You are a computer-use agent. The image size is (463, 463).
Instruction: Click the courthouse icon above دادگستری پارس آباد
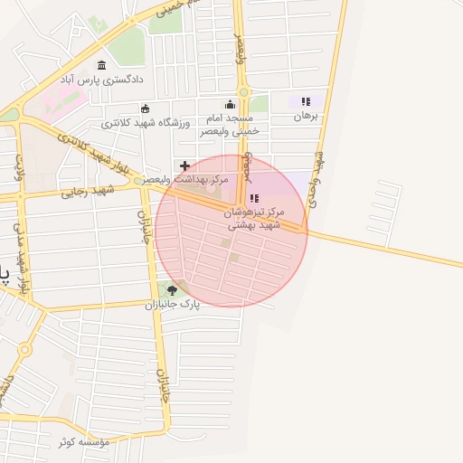tap(100, 65)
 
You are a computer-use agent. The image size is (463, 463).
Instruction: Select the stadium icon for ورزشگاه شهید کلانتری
tap(145, 109)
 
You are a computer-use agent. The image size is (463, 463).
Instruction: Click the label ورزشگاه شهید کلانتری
tap(145, 122)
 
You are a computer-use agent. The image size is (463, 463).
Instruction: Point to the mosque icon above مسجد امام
tap(230, 104)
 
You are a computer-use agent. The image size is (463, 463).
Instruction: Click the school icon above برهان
tap(306, 102)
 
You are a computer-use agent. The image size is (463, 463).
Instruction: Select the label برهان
tap(305, 117)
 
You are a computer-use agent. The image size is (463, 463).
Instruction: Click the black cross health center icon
tap(185, 165)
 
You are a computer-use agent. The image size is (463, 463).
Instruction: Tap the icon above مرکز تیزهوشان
tap(254, 198)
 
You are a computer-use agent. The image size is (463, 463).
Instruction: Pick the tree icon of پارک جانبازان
tap(172, 290)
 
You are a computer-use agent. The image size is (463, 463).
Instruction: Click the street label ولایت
tap(18, 167)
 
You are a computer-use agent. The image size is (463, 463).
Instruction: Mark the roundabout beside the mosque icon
tap(242, 92)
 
